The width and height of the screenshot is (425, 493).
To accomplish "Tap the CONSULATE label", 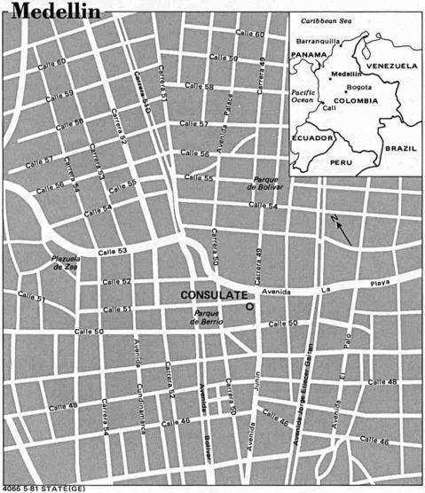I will pos(212,294).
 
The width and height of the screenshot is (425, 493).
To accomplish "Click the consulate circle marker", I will pos(249,306).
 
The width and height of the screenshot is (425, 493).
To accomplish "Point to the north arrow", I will pos(342,232).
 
